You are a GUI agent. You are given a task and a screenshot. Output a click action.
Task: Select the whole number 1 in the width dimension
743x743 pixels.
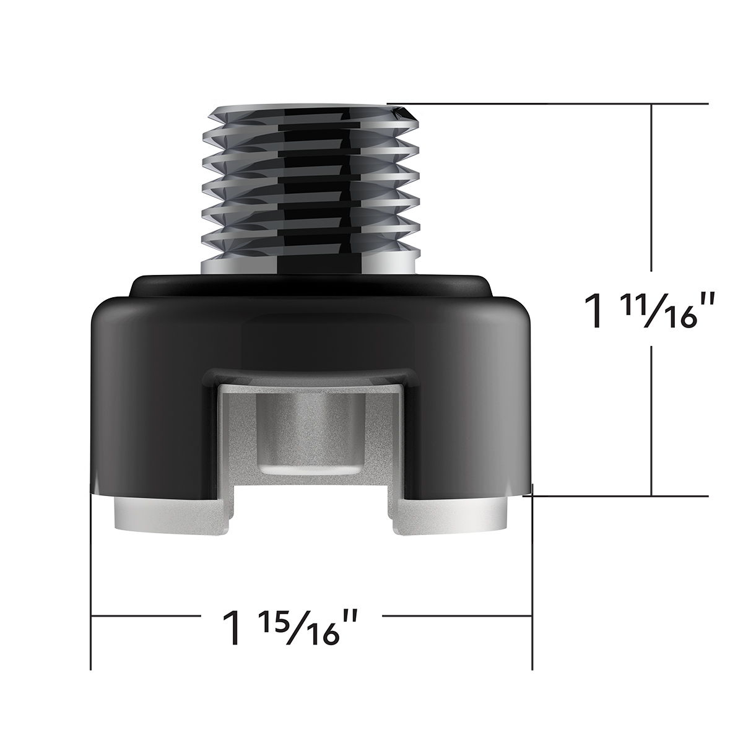point(232,627)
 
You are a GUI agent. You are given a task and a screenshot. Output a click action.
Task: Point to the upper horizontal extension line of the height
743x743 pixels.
point(557,103)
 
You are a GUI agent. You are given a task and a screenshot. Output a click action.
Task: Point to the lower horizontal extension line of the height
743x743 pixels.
point(619,495)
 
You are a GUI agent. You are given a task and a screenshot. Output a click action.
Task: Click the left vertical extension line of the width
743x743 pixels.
point(92,588)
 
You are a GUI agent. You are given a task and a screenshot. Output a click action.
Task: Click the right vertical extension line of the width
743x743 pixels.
point(532,588)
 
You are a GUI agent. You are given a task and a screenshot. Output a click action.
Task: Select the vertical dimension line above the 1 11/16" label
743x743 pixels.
point(652,186)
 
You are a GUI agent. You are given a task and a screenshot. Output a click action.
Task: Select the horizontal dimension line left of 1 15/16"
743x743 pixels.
point(149,616)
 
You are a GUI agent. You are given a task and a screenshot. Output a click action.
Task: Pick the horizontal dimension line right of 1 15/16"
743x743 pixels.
point(458,616)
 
